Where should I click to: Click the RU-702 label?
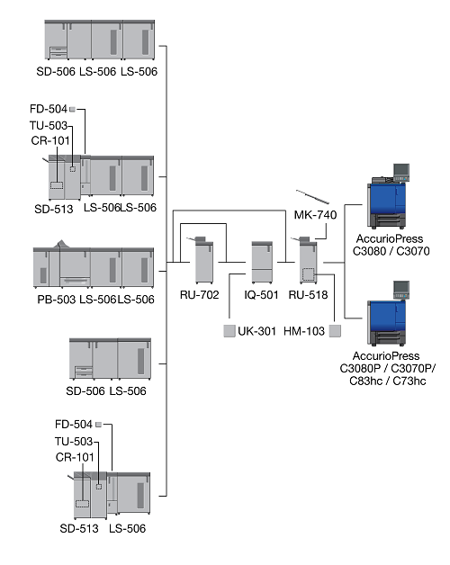(200, 295)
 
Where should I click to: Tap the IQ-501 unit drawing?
(262, 263)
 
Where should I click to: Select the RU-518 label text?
(308, 295)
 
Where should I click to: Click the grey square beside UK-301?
(229, 331)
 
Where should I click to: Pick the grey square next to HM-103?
(335, 331)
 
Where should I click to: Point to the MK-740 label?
(315, 215)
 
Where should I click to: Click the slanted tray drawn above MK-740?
(312, 197)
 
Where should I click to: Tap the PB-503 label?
(56, 300)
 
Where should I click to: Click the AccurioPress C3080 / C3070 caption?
(391, 245)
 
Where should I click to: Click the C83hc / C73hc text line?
(388, 381)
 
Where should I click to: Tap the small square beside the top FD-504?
(73, 109)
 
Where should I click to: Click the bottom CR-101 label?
(75, 457)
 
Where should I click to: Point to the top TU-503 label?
(49, 125)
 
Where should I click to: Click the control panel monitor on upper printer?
(401, 169)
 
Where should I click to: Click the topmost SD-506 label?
(56, 71)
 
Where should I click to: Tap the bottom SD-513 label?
(79, 529)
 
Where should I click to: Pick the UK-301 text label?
(256, 331)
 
